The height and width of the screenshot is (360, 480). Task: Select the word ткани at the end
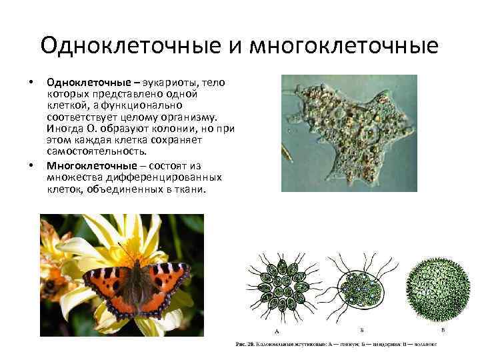pos(193,189)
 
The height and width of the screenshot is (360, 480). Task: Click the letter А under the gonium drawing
pos(276,331)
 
